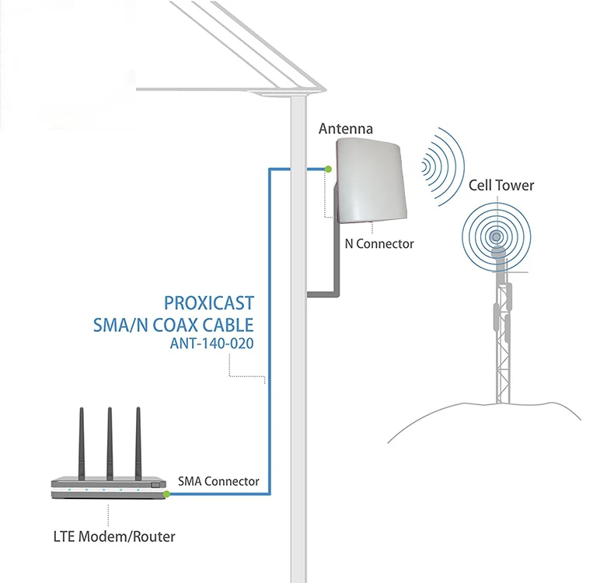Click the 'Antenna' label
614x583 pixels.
coord(346,129)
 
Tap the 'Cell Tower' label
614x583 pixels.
coord(501,185)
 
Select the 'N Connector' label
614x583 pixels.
coord(379,244)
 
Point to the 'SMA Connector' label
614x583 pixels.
coord(219,481)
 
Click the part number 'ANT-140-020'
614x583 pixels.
coord(211,342)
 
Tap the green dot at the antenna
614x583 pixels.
coord(328,169)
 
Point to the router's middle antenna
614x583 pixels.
coord(110,443)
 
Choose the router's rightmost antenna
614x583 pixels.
coord(139,443)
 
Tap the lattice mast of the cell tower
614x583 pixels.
coord(501,342)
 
